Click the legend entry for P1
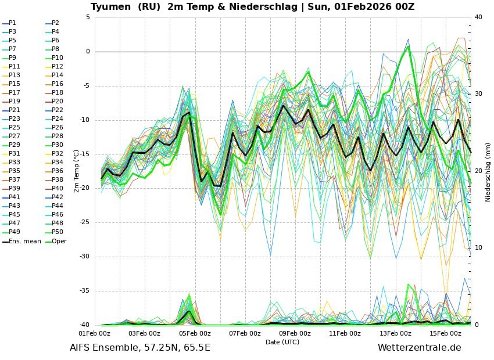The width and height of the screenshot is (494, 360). (12, 23)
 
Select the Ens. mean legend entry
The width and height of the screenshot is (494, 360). (25, 241)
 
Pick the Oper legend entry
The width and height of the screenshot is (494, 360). (59, 241)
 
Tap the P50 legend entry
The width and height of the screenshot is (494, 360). (58, 232)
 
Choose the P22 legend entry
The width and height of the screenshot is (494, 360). (58, 110)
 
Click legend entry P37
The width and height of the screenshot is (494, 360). (15, 180)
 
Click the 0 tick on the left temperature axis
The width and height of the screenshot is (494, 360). (88, 52)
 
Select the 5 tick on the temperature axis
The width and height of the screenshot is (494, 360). (88, 17)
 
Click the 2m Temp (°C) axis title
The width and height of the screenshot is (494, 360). (76, 171)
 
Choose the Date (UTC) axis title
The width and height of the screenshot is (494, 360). (282, 342)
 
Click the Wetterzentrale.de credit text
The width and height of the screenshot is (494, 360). (419, 348)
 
